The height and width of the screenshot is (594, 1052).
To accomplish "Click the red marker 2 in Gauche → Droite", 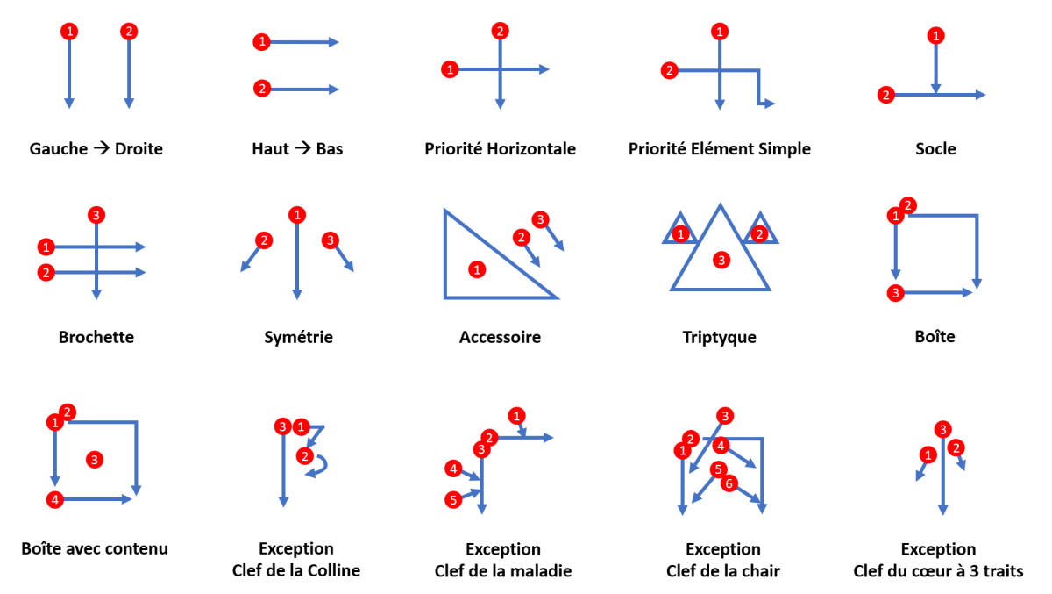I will [x=129, y=32].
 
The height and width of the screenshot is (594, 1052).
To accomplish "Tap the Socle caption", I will [x=935, y=149].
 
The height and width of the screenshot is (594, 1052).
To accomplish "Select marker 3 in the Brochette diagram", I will [x=96, y=214].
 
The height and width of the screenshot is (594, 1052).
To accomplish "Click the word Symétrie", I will [x=298, y=337].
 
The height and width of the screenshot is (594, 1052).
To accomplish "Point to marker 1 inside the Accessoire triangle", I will [x=476, y=269].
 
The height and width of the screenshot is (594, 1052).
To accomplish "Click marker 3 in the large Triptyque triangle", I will [x=721, y=260].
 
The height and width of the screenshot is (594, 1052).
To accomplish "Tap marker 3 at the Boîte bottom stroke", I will [x=895, y=292].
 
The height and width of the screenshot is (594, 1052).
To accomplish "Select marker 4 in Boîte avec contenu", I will [x=55, y=499].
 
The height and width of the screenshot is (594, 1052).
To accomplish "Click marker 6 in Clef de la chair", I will [x=728, y=483].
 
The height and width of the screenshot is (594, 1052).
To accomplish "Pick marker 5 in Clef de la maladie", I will [x=453, y=500].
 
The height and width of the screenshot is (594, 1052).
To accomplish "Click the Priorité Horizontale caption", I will [x=500, y=149].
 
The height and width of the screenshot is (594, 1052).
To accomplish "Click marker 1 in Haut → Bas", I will [x=260, y=41].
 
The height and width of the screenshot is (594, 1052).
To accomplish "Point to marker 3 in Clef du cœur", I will [x=942, y=429].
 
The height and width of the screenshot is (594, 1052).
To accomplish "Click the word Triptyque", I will [x=719, y=337].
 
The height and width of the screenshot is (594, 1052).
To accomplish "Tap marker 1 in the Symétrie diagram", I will [x=297, y=214].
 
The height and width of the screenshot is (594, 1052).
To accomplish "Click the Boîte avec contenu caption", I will [x=95, y=549].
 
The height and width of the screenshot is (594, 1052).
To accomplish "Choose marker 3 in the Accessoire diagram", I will [x=541, y=219].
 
